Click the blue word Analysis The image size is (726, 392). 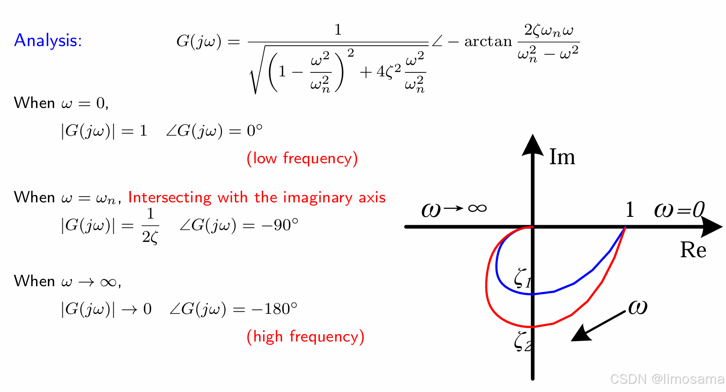click(x=48, y=40)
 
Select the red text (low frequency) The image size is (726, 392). click(x=302, y=158)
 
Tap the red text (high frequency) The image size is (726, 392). click(x=305, y=336)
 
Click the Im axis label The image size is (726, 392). click(x=562, y=157)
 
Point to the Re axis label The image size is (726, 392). click(x=693, y=250)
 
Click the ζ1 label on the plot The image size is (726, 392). click(x=523, y=277)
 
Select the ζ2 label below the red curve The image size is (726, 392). click(x=523, y=341)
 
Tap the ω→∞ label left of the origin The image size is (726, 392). click(x=454, y=209)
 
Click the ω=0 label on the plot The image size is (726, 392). click(x=679, y=209)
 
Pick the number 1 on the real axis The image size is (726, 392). click(x=630, y=210)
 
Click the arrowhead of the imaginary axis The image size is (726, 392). click(x=533, y=145)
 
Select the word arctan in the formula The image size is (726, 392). click(x=488, y=41)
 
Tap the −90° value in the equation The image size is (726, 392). click(x=280, y=225)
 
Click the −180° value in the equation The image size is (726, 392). click(x=274, y=309)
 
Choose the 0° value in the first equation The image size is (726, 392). click(x=255, y=131)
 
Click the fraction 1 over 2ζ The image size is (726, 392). click(x=150, y=225)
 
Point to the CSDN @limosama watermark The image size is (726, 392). click(x=667, y=379)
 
